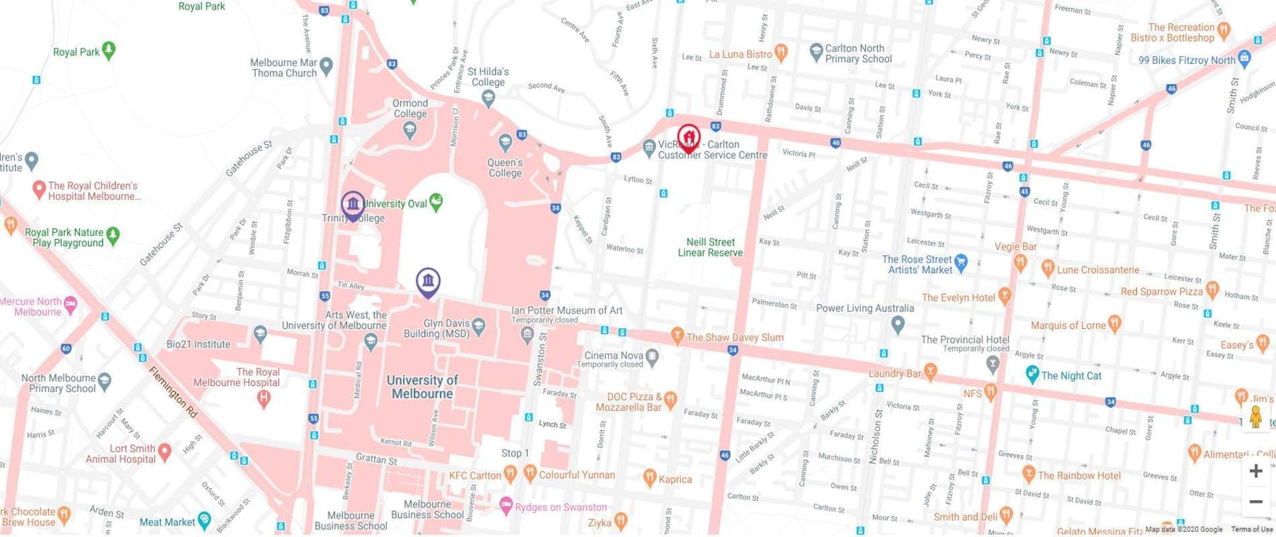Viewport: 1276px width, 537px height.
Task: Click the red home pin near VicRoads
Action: click(688, 137)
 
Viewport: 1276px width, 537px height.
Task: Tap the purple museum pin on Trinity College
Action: click(353, 203)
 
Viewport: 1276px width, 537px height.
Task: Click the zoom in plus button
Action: click(1255, 471)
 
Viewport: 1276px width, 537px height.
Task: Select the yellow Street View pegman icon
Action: click(1255, 417)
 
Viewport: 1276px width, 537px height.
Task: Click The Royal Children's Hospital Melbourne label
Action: click(93, 191)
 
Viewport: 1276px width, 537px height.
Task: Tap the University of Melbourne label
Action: click(422, 387)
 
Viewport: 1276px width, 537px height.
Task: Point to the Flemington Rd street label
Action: click(173, 393)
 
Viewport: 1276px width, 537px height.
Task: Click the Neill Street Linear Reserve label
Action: click(710, 247)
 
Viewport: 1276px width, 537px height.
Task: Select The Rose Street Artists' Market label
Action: click(917, 264)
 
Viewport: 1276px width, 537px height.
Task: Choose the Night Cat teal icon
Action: click(1032, 375)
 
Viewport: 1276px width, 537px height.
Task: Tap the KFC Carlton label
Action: click(475, 475)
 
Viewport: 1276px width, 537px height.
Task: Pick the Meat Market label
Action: click(167, 522)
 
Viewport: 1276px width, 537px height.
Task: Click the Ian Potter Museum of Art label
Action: click(567, 311)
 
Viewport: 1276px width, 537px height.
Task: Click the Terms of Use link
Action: click(1252, 530)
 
